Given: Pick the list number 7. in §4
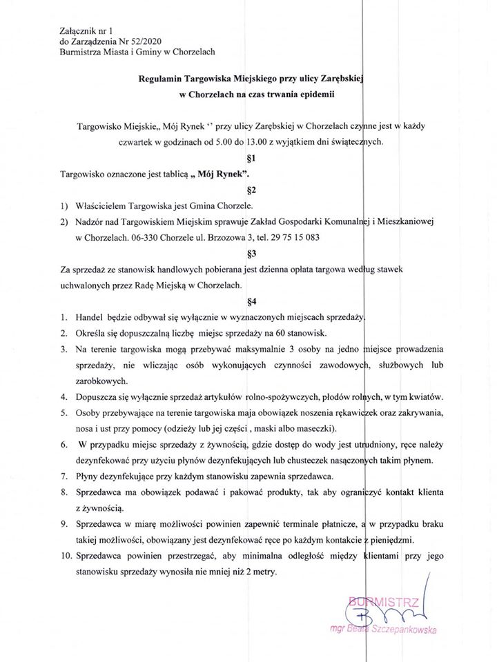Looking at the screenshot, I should tap(63, 477).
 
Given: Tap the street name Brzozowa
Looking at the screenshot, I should tap(215, 237).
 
